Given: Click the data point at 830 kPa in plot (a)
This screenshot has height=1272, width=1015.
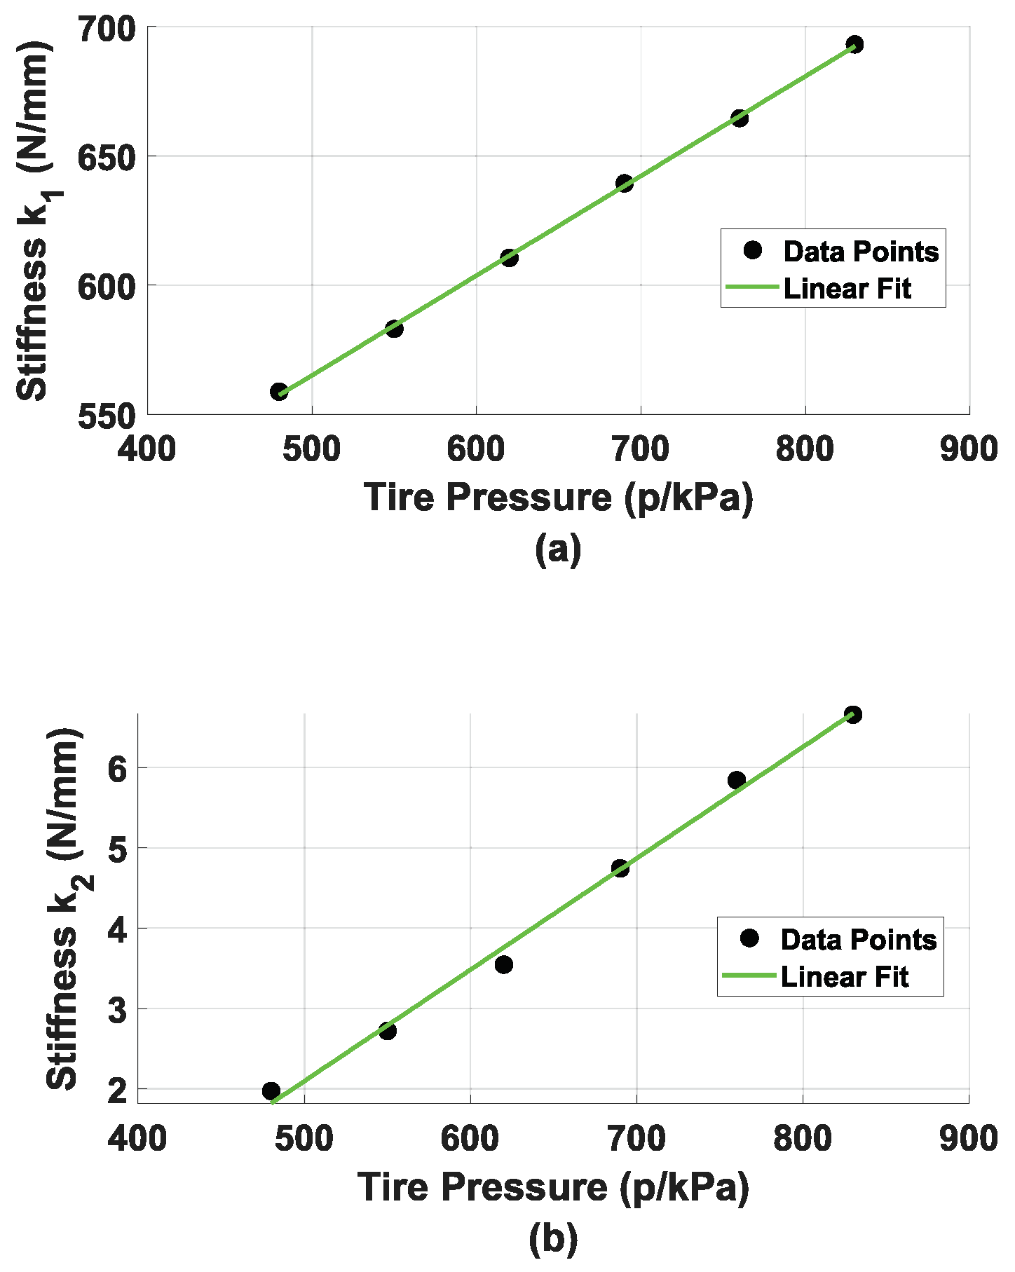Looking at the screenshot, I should [x=854, y=45].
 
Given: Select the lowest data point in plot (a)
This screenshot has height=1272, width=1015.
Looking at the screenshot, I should [x=279, y=392].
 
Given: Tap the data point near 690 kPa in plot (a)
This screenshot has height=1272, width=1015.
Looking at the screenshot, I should [x=624, y=184].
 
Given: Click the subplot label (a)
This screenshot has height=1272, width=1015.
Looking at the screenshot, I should [x=558, y=549].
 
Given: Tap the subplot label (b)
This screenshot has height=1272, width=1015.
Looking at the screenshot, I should [x=553, y=1238].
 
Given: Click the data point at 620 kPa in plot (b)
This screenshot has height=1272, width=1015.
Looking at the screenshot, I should [x=503, y=965].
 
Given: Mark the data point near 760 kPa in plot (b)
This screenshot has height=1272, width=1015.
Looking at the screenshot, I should [x=736, y=780].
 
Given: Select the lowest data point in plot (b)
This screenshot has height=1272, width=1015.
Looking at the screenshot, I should [x=271, y=1090].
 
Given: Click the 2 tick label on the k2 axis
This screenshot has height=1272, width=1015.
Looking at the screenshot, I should [x=117, y=1091].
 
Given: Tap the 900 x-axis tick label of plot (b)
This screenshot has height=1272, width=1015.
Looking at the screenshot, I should [x=969, y=1139].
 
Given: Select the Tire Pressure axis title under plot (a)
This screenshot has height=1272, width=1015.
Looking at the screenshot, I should [x=558, y=498].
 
